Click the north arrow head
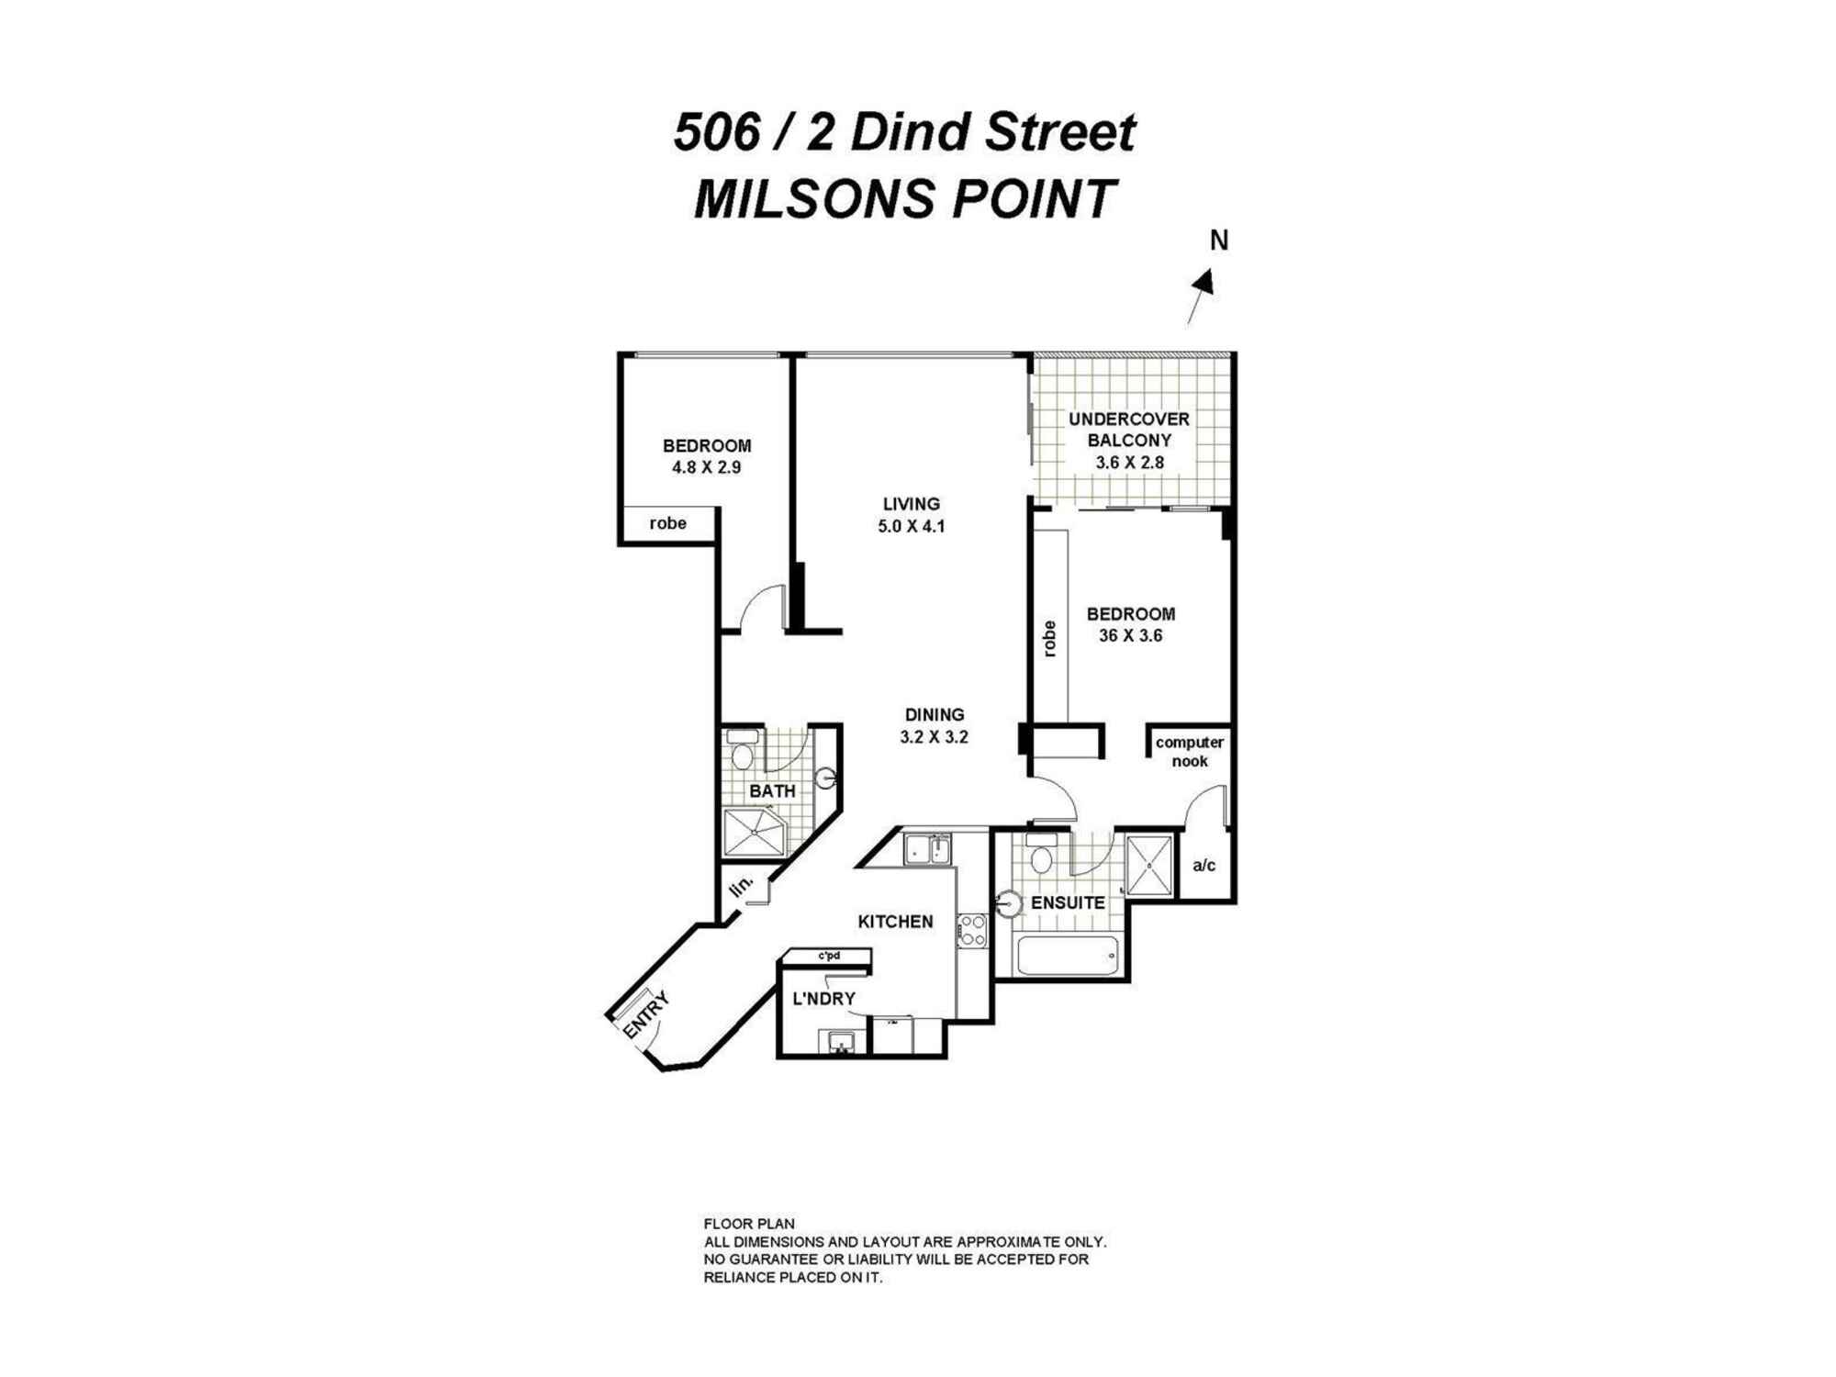[1206, 282]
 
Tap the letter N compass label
[1218, 241]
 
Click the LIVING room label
[911, 504]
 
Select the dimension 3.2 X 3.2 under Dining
[935, 737]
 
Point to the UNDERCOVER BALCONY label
[1128, 430]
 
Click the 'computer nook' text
[1189, 752]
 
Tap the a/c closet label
[1203, 866]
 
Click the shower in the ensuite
[1149, 864]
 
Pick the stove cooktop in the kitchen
[972, 931]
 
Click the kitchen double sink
[927, 849]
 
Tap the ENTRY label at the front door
[645, 1017]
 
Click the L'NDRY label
[823, 999]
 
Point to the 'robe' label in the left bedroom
[667, 523]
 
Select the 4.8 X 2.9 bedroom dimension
[706, 467]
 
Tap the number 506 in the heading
[717, 132]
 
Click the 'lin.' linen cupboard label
[742, 887]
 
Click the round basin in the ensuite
[1009, 904]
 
